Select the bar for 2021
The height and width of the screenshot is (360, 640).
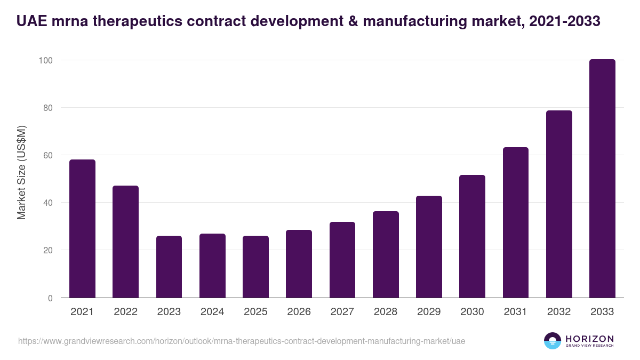pyautogui.click(x=82, y=229)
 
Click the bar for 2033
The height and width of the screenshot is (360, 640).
pyautogui.click(x=602, y=179)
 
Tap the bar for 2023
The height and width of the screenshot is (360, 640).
pyautogui.click(x=169, y=267)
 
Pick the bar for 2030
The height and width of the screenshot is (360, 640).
pyautogui.click(x=472, y=236)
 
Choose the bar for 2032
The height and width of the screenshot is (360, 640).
pyautogui.click(x=559, y=204)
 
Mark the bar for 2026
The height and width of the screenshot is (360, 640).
pyautogui.click(x=299, y=264)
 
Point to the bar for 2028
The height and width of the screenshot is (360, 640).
pyautogui.click(x=386, y=254)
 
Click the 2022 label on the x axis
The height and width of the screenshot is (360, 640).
pyautogui.click(x=125, y=312)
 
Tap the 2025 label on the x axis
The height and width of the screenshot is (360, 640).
pyautogui.click(x=255, y=312)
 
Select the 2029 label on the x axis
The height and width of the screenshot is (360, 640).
pyautogui.click(x=429, y=312)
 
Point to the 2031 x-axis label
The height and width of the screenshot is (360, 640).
pyautogui.click(x=516, y=312)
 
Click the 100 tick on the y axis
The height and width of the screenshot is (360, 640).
pyautogui.click(x=46, y=60)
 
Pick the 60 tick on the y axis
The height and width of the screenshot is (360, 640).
pyautogui.click(x=48, y=155)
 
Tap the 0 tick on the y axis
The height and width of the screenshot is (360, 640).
pyautogui.click(x=50, y=298)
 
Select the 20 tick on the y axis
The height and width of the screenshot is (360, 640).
pyautogui.click(x=48, y=251)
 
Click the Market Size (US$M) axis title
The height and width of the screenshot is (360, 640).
pyautogui.click(x=22, y=172)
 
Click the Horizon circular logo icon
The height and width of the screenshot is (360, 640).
pyautogui.click(x=552, y=341)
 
